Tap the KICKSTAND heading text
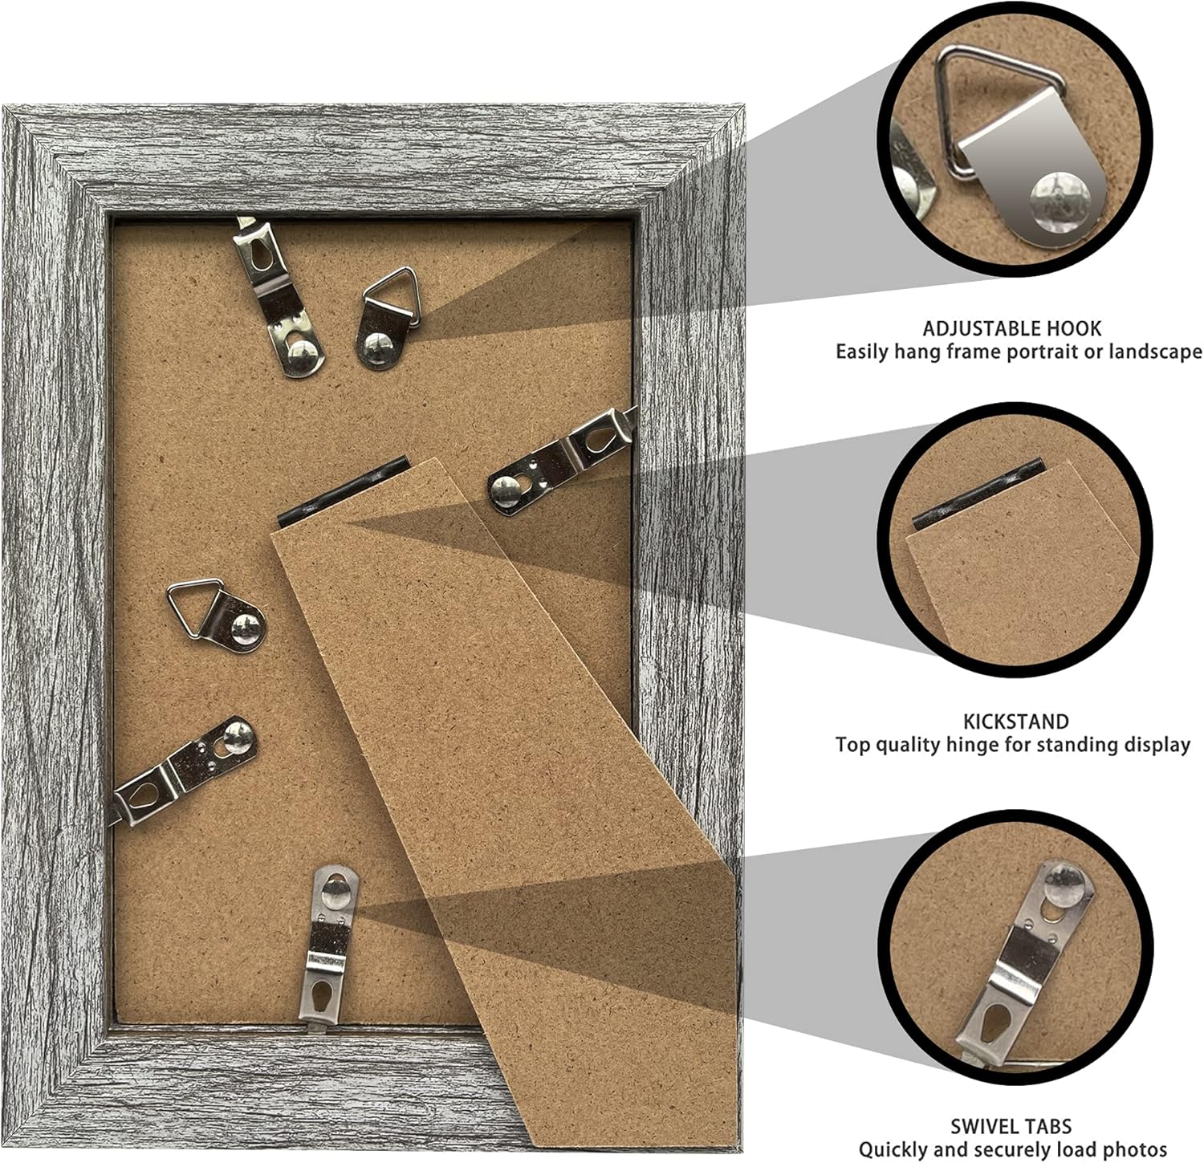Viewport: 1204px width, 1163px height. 1016,721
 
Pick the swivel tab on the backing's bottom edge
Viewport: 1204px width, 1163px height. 330,944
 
